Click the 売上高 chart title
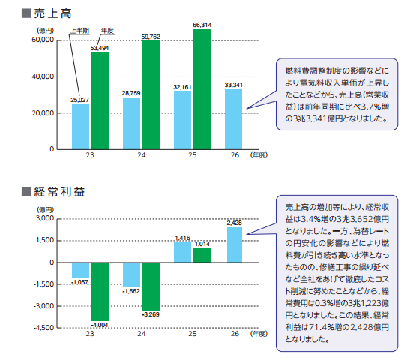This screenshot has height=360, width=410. tap(52, 13)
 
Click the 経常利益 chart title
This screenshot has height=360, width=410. tap(60, 192)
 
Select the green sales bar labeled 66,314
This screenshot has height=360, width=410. tap(202, 89)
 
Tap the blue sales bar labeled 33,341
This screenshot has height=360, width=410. tap(234, 119)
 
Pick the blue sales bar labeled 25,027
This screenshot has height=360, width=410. tap(80, 127)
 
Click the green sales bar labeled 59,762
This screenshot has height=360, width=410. tap(151, 95)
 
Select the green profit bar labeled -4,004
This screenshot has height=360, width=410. tap(100, 292)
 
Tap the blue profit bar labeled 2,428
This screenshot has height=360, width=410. tap(235, 244)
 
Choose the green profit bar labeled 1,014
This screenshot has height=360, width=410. tap(202, 255)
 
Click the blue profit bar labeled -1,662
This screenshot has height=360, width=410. tap(131, 274)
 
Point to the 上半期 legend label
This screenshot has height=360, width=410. tap(80, 31)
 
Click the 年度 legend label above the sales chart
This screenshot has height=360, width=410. tap(107, 31)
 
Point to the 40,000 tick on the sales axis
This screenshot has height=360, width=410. tap(43, 76)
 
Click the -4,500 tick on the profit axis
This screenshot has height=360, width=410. tap(43, 328)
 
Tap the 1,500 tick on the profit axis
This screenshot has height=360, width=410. tap(45, 240)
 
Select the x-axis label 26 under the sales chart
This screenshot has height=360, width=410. tap(235, 155)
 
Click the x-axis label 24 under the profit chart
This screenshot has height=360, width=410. tap(141, 334)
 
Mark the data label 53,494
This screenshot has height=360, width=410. tap(100, 48)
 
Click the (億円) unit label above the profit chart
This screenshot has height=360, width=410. tap(46, 209)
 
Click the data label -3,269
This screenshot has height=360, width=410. tap(151, 314)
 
